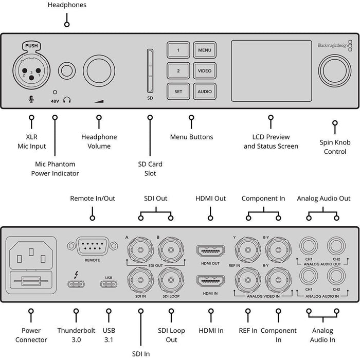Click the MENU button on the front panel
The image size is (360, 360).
click(204, 50)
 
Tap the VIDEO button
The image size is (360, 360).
click(204, 71)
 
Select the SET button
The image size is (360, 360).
click(178, 92)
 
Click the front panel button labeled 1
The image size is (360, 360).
click(178, 50)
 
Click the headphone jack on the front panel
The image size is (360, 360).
click(66, 70)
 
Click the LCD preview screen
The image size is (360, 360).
click(271, 70)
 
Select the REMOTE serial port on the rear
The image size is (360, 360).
click(92, 247)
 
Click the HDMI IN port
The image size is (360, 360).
click(210, 282)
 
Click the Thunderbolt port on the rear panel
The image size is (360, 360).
click(76, 283)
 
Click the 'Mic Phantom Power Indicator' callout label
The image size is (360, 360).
click(55, 169)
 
